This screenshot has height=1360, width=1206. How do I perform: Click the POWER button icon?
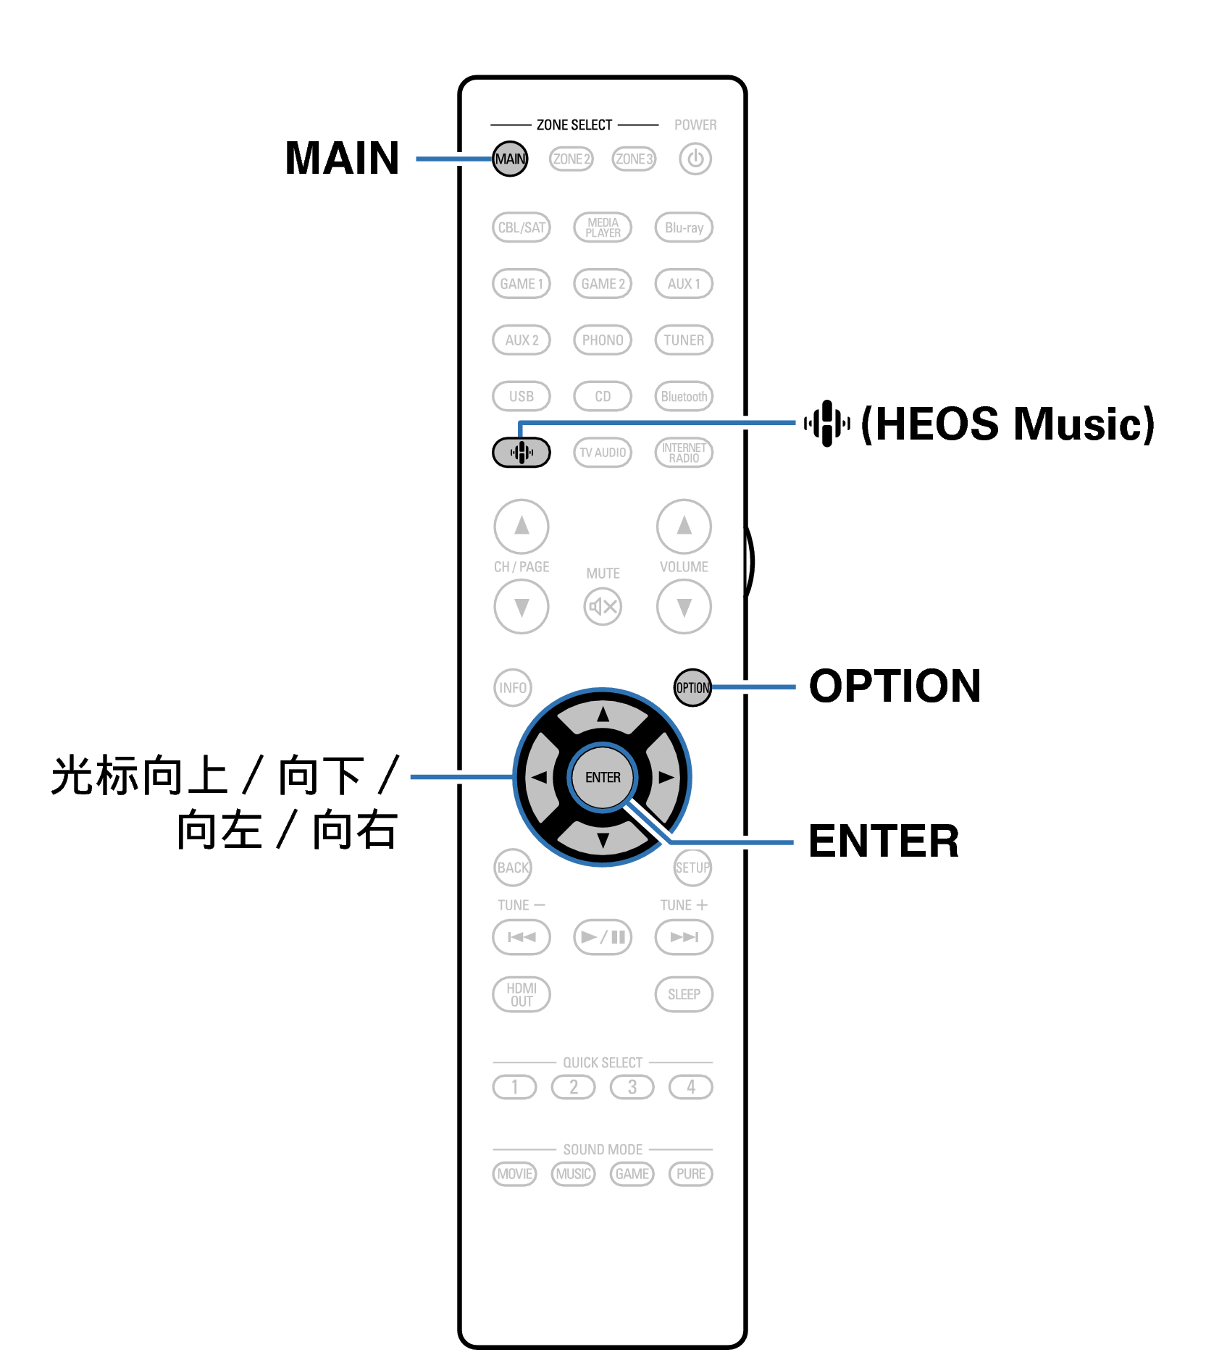click(695, 159)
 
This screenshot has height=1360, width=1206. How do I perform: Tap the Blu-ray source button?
click(684, 227)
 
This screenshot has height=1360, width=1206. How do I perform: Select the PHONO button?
click(602, 340)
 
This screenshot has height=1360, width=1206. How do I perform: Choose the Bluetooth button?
click(684, 396)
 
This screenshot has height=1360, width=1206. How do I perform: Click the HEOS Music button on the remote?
click(521, 453)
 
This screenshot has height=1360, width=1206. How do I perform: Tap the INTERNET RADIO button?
click(684, 453)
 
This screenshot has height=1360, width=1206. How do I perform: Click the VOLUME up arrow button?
click(684, 526)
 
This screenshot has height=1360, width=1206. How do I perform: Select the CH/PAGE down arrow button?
click(521, 606)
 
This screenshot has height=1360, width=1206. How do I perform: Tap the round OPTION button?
click(692, 687)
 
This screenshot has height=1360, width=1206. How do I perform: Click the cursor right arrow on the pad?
click(666, 777)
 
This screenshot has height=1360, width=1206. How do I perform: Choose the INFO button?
click(512, 687)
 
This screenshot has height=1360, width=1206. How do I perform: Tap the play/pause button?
click(602, 937)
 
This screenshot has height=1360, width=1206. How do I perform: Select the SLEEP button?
click(684, 994)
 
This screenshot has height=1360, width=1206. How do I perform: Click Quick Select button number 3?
click(632, 1087)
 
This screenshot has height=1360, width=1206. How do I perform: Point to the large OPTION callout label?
click(895, 686)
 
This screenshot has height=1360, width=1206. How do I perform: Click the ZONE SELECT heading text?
click(574, 125)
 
